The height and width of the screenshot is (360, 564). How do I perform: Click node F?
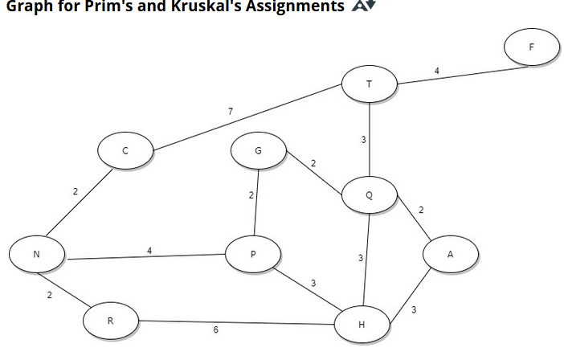[531, 47]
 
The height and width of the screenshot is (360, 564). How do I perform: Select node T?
[369, 84]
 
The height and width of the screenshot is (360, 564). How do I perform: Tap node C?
[125, 150]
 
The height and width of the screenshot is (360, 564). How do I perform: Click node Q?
[369, 194]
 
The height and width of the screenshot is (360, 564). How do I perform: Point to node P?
[253, 254]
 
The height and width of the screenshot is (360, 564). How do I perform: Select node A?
[451, 254]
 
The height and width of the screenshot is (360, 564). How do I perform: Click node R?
[110, 321]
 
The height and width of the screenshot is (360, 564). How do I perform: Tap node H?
[362, 325]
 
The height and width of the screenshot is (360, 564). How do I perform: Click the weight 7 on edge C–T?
[231, 111]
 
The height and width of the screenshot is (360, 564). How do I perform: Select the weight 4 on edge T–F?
[436, 71]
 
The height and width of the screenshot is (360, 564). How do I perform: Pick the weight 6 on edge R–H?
[215, 330]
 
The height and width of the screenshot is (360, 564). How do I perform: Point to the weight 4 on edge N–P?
[149, 251]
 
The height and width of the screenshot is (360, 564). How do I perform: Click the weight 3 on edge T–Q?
[363, 140]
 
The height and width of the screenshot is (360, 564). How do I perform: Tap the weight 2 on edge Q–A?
[421, 210]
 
